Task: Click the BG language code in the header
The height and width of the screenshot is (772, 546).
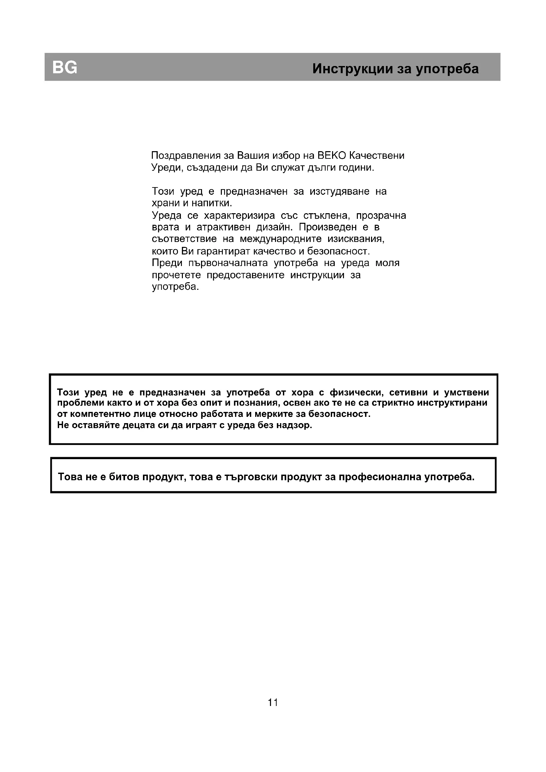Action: click(65, 68)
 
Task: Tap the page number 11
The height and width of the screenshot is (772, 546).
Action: click(273, 702)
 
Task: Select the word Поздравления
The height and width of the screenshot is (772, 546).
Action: click(186, 156)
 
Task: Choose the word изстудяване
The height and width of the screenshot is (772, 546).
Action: click(340, 192)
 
